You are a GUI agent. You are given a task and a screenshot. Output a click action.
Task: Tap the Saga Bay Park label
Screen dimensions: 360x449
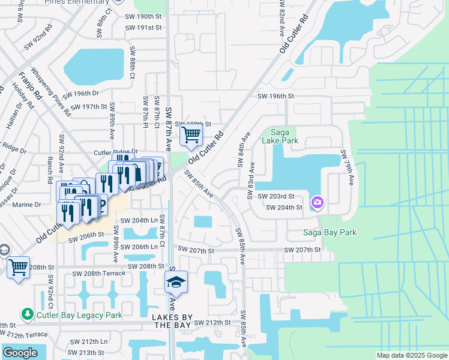tap(330, 233)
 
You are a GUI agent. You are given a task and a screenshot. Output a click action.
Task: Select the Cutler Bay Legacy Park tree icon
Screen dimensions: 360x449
tap(27, 314)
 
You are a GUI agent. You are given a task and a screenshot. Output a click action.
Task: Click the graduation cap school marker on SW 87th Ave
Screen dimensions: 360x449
tap(176, 281)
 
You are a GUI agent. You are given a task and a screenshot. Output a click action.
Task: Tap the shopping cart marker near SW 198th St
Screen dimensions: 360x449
tap(191, 136)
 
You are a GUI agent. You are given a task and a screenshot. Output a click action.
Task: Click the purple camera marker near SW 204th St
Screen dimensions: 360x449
tap(317, 203)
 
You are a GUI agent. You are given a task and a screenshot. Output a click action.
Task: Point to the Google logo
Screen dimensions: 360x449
tap(20, 353)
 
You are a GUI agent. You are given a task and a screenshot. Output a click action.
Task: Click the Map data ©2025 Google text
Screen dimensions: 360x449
tap(412, 355)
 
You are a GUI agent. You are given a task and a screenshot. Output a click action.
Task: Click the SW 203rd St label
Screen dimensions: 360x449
tap(276, 196)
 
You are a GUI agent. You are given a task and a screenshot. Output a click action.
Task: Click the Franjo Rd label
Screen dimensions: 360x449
tap(28, 86)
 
